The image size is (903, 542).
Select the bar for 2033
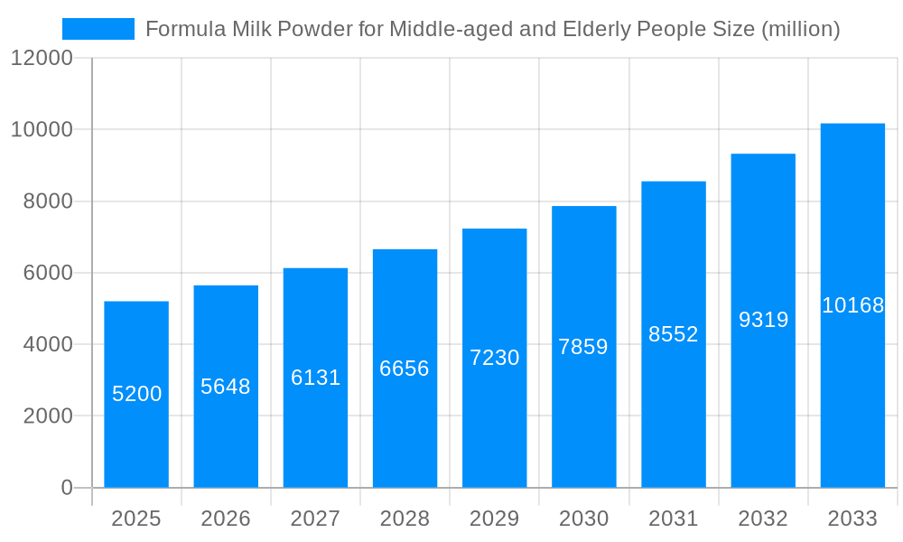point(852,397)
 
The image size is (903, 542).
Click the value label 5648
point(226,387)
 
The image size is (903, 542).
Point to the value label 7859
point(583,347)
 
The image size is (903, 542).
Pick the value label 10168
point(852,305)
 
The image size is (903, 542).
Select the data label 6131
point(315,378)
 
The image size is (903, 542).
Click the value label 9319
point(763,320)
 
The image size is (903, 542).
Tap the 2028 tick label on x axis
point(405,519)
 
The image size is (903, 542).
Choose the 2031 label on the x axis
point(673,519)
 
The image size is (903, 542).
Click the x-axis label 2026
point(226,519)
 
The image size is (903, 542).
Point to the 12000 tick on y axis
point(42,59)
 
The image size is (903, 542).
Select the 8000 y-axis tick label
point(48,201)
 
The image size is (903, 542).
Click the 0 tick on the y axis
point(67,488)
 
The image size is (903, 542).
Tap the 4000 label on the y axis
point(48,344)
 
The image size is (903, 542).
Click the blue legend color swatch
point(98,29)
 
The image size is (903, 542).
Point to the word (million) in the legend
point(801,29)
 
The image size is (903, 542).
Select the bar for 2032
point(763,406)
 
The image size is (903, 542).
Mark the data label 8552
point(674,334)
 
